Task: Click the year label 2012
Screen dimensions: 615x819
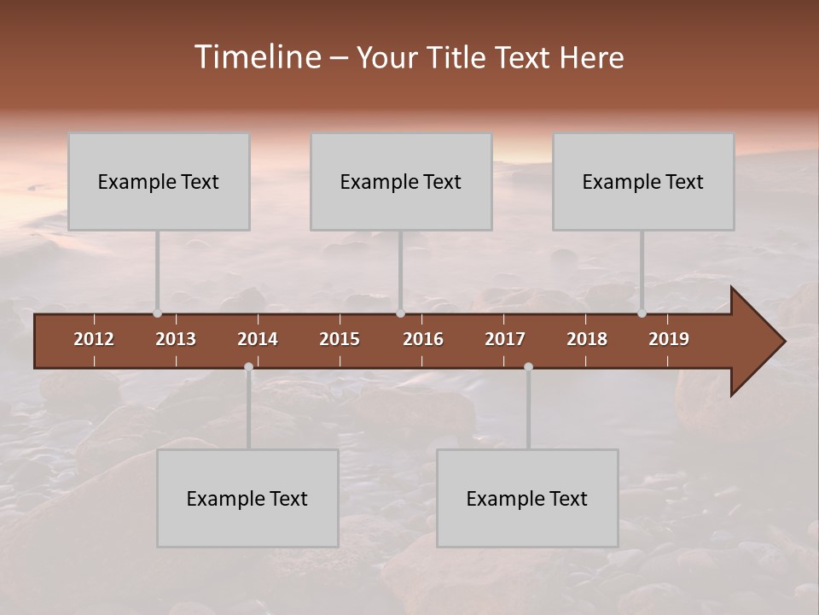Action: [x=94, y=339]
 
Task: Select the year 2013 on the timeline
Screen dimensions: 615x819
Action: [x=176, y=339]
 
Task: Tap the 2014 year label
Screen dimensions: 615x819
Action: [x=258, y=339]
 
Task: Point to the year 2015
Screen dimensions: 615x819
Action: [x=340, y=339]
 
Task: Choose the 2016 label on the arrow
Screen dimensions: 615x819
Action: [x=423, y=339]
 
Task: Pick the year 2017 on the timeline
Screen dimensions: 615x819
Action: [x=505, y=339]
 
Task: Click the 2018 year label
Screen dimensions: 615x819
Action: [x=587, y=339]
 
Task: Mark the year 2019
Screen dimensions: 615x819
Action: [x=669, y=339]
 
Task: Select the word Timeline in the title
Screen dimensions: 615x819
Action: [x=257, y=57]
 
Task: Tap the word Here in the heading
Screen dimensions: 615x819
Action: [x=591, y=57]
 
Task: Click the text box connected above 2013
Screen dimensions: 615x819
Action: [x=159, y=181]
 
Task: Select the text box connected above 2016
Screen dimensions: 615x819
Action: [x=401, y=181]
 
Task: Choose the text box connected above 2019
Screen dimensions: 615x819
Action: [x=643, y=181]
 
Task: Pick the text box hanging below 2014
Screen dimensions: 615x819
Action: [x=247, y=498]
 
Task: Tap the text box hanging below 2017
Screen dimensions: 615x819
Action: [x=527, y=498]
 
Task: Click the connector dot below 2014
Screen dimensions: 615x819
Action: [x=248, y=367]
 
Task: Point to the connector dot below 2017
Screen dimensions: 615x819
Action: [x=528, y=367]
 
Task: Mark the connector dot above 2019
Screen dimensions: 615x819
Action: [x=642, y=313]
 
